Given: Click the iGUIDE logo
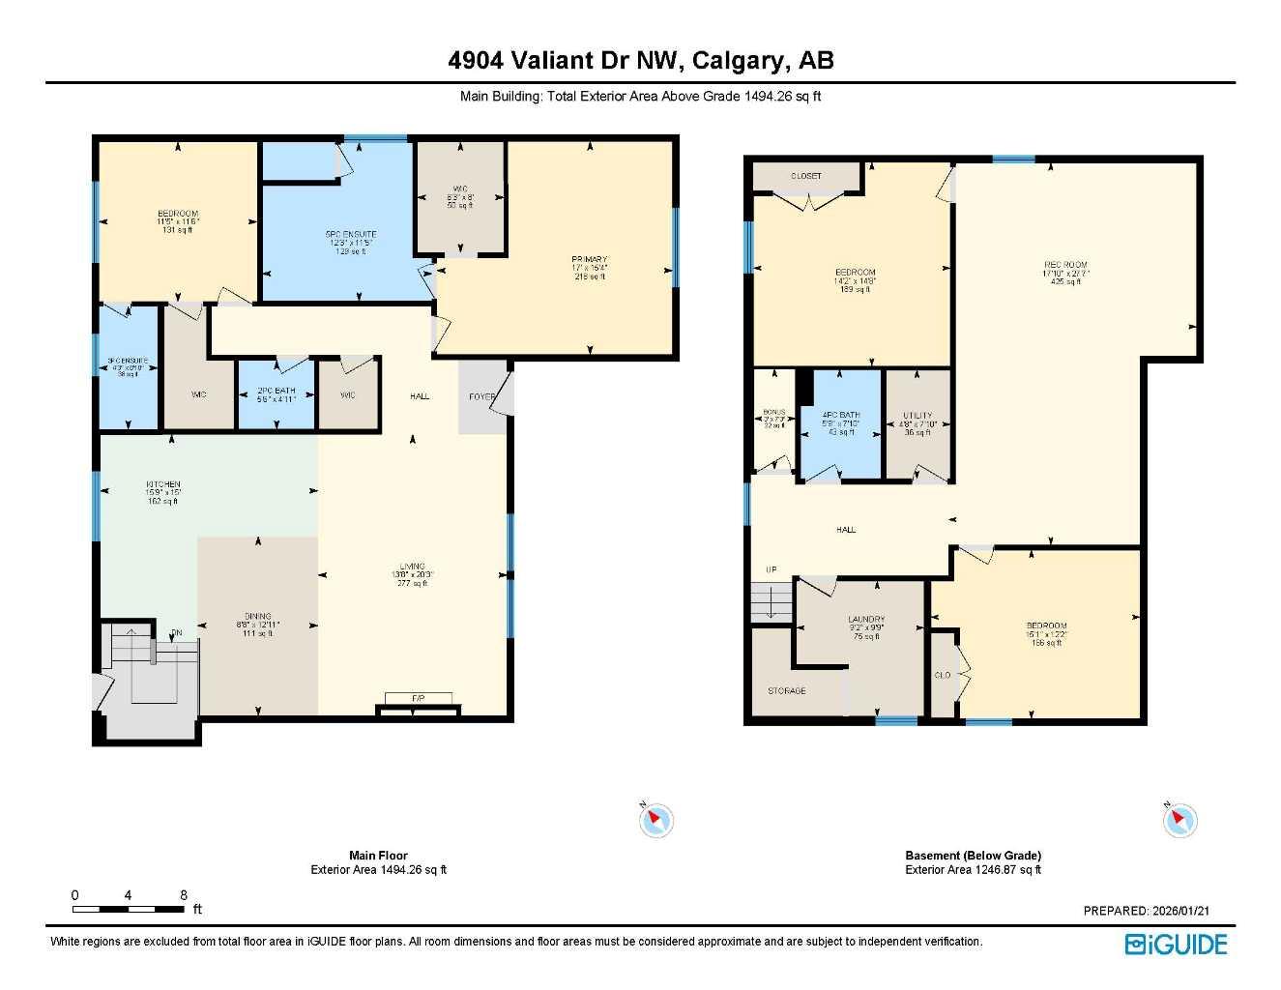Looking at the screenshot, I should click(x=1176, y=945).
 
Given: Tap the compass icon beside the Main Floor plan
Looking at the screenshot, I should click(x=655, y=820).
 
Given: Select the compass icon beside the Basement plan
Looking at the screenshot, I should click(x=1179, y=820).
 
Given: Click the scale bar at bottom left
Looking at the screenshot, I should click(x=130, y=909).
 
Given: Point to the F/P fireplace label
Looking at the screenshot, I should click(x=418, y=698).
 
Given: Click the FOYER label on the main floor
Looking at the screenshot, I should click(x=481, y=396).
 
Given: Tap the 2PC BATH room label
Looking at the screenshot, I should click(x=277, y=392).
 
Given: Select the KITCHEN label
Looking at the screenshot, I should click(x=163, y=484).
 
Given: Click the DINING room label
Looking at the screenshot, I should click(x=258, y=616).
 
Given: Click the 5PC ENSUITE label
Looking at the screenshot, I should click(x=350, y=234).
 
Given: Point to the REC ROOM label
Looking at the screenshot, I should click(x=1065, y=265).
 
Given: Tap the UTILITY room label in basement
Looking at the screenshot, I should click(x=917, y=416).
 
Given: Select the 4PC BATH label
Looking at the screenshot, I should click(x=841, y=415).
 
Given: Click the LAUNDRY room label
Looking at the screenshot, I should click(x=866, y=620).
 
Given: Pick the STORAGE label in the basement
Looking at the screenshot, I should click(x=787, y=691).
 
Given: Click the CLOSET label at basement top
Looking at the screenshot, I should click(x=806, y=176).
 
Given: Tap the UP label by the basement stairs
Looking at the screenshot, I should click(x=771, y=569).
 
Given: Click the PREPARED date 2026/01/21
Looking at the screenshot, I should click(x=1147, y=911).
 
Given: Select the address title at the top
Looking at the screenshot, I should click(x=640, y=61).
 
